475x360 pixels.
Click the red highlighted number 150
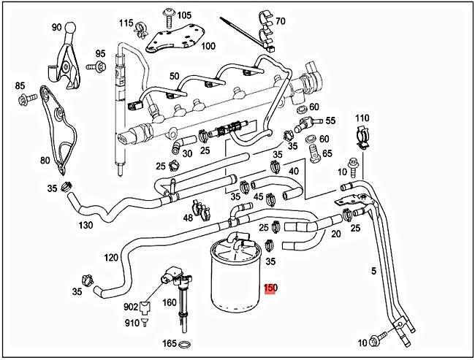[270, 288]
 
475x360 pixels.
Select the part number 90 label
[56, 27]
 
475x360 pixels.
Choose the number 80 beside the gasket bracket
[45, 161]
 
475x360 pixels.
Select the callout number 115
[125, 23]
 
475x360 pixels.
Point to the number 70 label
[281, 20]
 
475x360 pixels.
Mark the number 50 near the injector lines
[174, 76]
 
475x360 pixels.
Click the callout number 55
[330, 120]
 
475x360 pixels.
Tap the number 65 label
[327, 153]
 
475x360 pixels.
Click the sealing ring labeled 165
[186, 344]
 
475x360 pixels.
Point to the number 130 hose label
[85, 225]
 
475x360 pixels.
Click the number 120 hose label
[110, 258]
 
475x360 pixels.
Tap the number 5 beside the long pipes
[373, 271]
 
